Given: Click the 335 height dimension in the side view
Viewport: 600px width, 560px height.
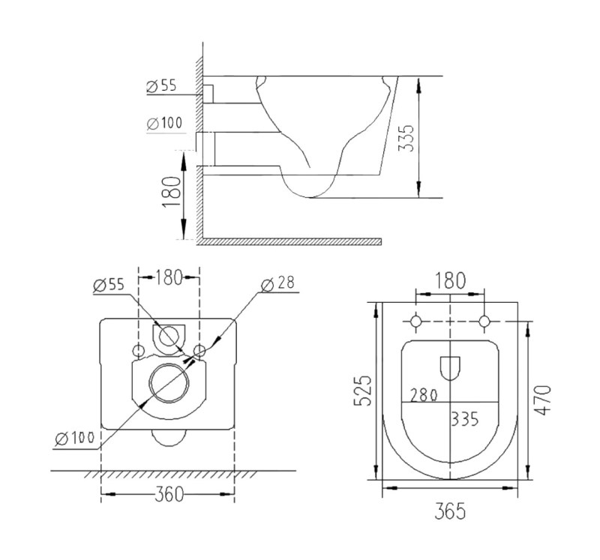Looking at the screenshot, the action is pyautogui.click(x=406, y=138).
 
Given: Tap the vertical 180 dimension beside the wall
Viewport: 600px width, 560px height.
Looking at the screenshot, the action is pyautogui.click(x=171, y=192).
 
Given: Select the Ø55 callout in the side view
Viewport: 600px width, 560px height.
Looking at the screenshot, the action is pyautogui.click(x=161, y=86).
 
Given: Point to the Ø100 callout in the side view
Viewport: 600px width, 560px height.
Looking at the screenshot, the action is pyautogui.click(x=164, y=123).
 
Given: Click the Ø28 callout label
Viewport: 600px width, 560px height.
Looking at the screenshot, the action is pyautogui.click(x=277, y=283).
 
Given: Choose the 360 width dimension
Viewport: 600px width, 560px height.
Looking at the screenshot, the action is pyautogui.click(x=169, y=494).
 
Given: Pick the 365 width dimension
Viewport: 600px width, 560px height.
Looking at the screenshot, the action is pyautogui.click(x=450, y=511).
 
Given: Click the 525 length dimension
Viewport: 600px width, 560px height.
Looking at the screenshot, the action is pyautogui.click(x=362, y=390).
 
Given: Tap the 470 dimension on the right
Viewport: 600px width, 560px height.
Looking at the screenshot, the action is pyautogui.click(x=542, y=400).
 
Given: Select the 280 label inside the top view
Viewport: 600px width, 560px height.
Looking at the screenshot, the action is pyautogui.click(x=424, y=395).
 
